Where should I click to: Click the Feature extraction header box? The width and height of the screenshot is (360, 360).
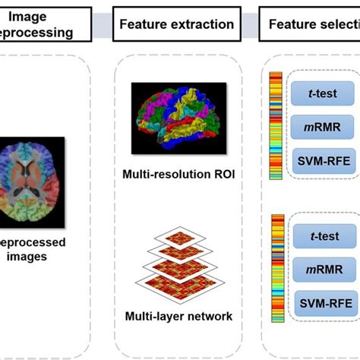coord(177,25)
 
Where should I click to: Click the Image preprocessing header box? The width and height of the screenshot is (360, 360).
coord(45,25)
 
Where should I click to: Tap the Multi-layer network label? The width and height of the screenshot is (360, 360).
coord(178,316)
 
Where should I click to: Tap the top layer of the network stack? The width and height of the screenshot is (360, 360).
coord(178,238)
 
